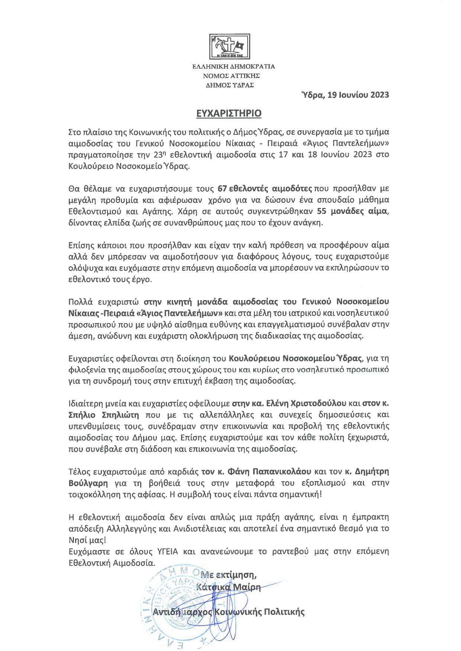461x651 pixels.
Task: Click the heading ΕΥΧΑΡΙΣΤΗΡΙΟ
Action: (229, 113)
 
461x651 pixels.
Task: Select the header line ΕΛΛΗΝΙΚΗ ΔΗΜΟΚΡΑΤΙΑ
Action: (233, 67)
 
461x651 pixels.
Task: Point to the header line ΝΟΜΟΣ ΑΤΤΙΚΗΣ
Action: (231, 76)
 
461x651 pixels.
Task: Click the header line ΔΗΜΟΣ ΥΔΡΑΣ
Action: (230, 85)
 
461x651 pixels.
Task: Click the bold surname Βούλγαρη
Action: (88, 483)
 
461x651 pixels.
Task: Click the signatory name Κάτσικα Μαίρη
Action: (228, 587)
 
